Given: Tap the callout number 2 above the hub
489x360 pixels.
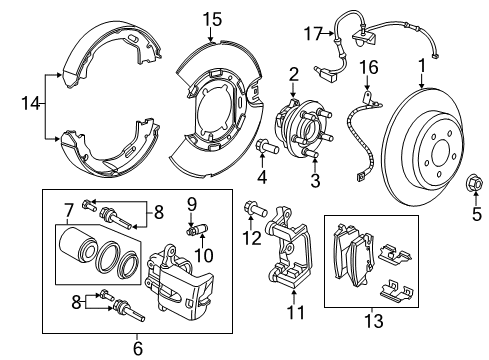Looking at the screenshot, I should (x=295, y=72).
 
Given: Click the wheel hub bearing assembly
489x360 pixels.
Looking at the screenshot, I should (x=299, y=129).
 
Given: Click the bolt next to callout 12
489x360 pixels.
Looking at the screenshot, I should (x=254, y=211).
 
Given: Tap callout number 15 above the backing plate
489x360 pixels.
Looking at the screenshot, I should (x=211, y=20).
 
